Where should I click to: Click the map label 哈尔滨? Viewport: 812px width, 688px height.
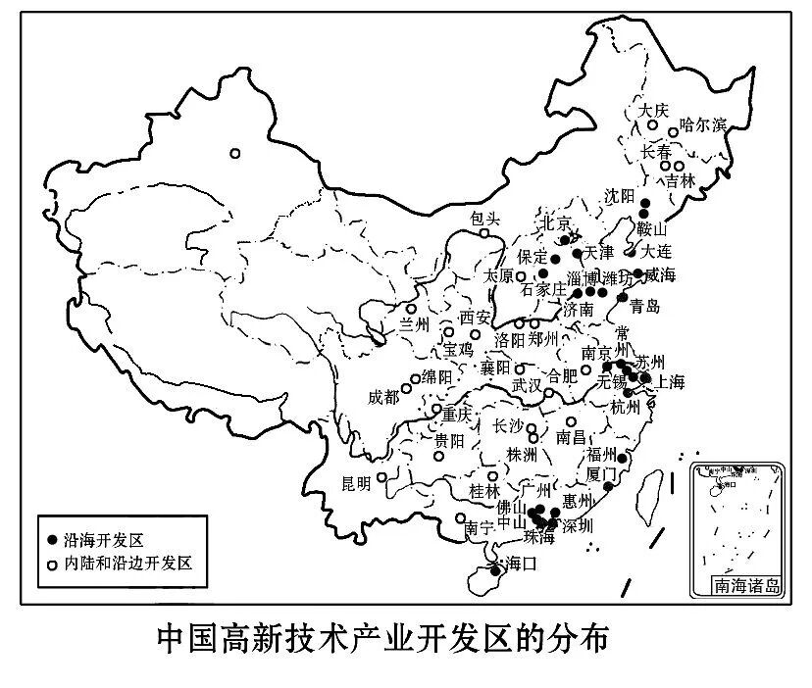pos(704,124)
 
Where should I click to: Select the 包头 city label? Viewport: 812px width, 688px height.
pos(484,219)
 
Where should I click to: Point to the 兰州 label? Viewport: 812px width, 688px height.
pos(413,322)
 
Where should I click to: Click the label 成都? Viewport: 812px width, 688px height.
pos(384,397)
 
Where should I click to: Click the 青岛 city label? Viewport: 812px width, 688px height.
pos(644,306)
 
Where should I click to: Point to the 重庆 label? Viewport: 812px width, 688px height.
pos(456,414)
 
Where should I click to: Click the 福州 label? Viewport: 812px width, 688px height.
pos(600,455)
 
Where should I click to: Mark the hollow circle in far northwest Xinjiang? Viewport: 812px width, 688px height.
pos(235,152)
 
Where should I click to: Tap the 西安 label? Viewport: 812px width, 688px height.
pos(475,318)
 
